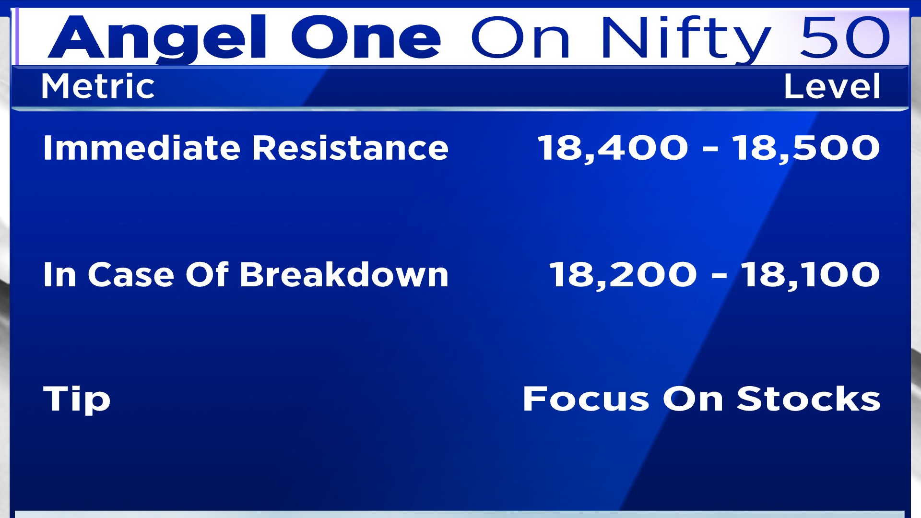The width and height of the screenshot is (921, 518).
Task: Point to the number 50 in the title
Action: tap(844, 37)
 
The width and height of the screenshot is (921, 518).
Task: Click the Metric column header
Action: tap(98, 86)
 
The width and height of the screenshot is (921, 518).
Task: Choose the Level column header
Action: tap(832, 86)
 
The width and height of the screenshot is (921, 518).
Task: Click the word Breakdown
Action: tap(344, 275)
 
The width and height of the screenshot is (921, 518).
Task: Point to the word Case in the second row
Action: tap(130, 275)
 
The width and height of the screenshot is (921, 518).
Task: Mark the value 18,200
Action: tap(623, 275)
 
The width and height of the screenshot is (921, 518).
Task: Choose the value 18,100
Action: tap(811, 275)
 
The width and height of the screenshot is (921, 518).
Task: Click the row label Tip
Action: tap(77, 399)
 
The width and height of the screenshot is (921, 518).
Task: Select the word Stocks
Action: tap(809, 399)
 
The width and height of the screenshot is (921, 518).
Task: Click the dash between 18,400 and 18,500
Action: tap(710, 149)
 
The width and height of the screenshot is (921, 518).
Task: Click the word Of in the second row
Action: tap(207, 275)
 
